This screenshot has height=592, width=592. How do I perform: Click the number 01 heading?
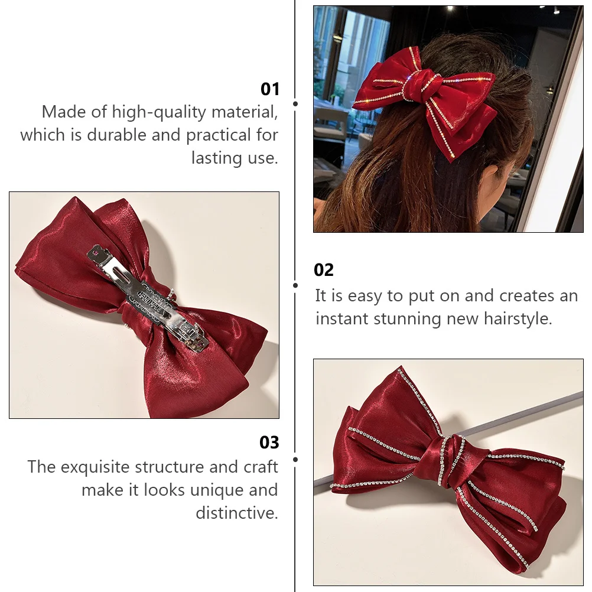(269, 89)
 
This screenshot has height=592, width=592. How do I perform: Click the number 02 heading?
(324, 270)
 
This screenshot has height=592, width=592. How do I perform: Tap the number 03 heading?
(269, 443)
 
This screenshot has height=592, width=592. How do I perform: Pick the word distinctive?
(236, 513)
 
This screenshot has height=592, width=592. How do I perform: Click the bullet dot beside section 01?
(295, 103)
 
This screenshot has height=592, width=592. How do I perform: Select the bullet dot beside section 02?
(295, 285)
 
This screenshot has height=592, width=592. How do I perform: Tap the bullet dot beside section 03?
(295, 459)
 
